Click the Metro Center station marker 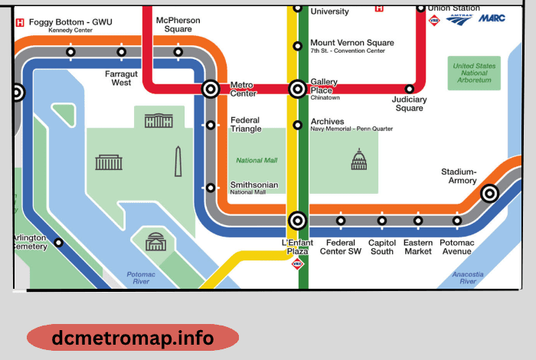[211, 90]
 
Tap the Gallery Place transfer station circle [298, 90]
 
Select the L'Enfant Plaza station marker [298, 221]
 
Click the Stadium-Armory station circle [489, 194]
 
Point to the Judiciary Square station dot [410, 90]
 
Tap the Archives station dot [298, 125]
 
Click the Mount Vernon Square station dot [298, 46]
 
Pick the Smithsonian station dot [211, 188]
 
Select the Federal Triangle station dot [211, 125]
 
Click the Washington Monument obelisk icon [178, 161]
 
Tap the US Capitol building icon [358, 159]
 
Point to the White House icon [159, 120]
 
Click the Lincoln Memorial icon [108, 162]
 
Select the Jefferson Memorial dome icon [156, 241]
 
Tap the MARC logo [492, 18]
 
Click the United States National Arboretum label [475, 74]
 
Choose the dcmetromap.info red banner [132, 338]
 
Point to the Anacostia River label [468, 277]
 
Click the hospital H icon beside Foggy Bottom [20, 23]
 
